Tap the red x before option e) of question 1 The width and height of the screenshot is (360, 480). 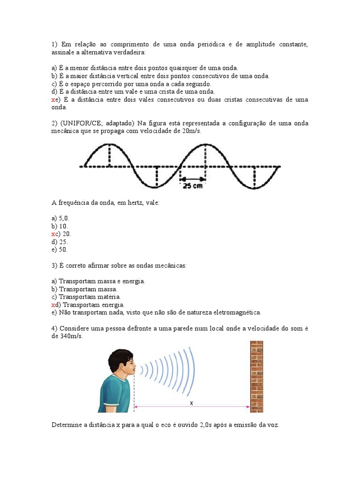tap(53, 100)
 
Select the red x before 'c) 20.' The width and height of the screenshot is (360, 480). tap(53, 234)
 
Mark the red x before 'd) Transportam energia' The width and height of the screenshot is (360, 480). tap(53, 305)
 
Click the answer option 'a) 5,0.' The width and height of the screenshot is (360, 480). tap(60, 218)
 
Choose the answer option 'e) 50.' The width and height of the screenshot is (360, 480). tap(60, 250)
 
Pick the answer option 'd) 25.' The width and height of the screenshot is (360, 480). tap(60, 242)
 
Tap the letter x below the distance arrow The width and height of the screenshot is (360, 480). tap(191, 403)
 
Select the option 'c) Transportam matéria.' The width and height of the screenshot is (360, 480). tap(86, 297)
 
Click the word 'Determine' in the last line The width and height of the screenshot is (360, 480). tap(66, 425)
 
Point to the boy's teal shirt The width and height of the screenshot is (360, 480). tap(115, 394)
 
